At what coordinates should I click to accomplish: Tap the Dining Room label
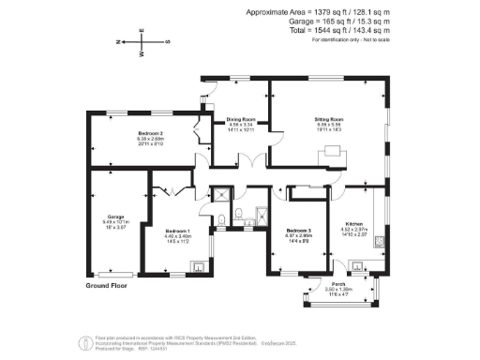[241, 120]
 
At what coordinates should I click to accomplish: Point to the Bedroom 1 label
[178, 231]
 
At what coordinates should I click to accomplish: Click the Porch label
[338, 283]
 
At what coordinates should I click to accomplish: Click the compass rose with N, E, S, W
[142, 42]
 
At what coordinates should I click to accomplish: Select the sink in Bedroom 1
[201, 266]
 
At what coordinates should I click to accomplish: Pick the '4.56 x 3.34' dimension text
[241, 126]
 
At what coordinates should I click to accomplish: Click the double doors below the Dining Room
[247, 157]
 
